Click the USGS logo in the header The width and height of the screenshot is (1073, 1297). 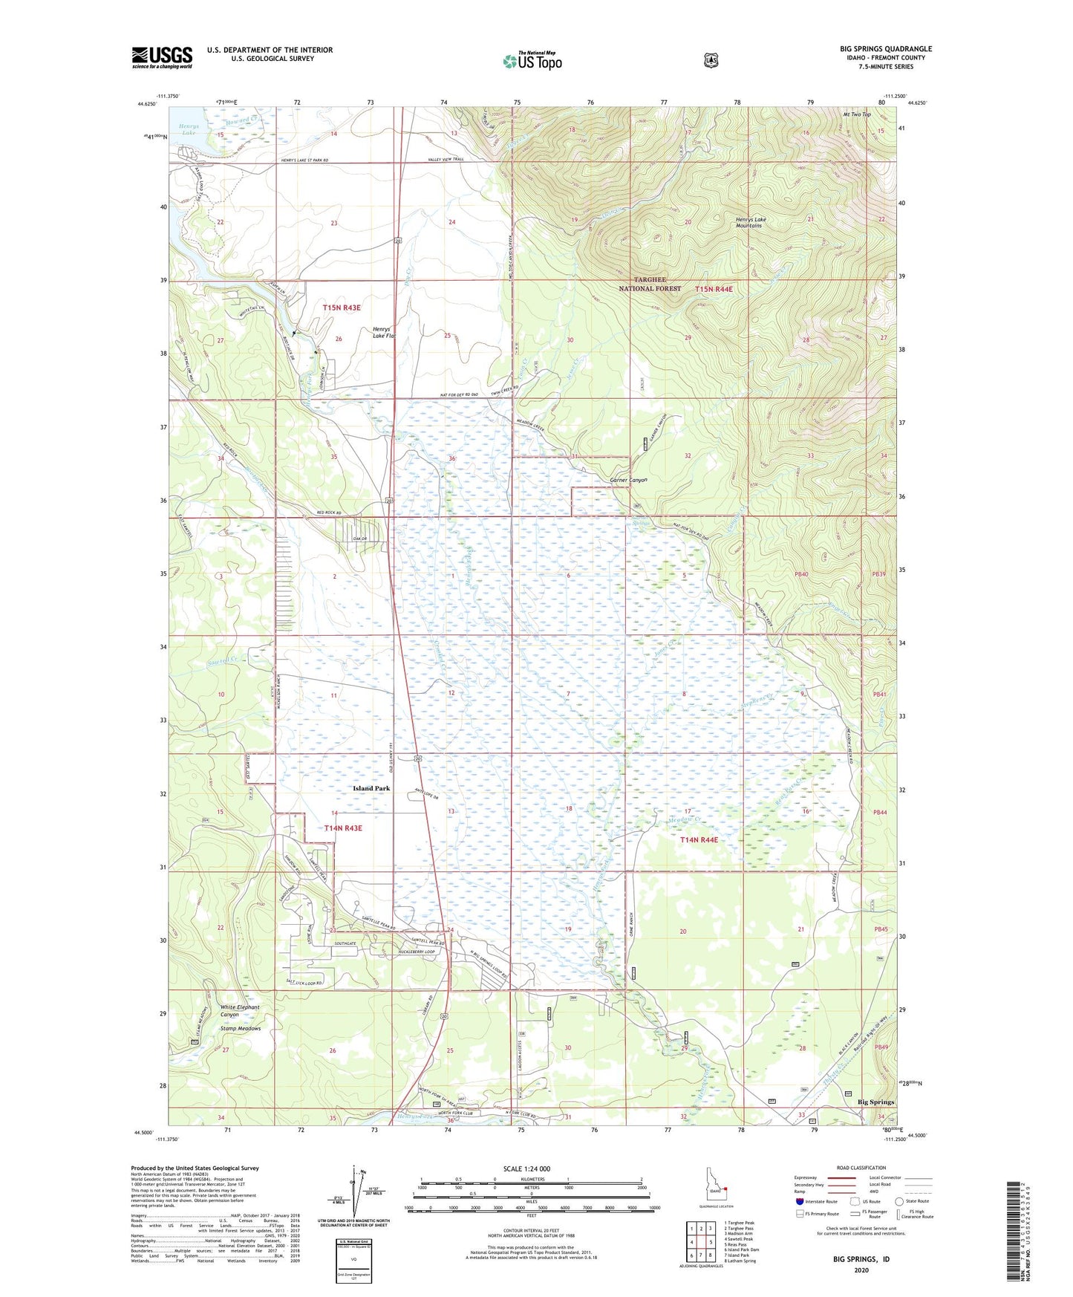(x=162, y=57)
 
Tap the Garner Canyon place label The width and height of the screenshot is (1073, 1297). (x=628, y=480)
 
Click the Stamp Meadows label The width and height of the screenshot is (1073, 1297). (x=240, y=1029)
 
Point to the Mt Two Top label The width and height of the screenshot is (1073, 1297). (x=856, y=114)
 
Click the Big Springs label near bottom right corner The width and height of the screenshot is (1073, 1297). (x=875, y=1102)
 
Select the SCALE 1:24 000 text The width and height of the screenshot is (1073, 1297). (x=526, y=1168)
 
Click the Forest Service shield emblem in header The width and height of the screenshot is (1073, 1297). (x=711, y=59)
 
